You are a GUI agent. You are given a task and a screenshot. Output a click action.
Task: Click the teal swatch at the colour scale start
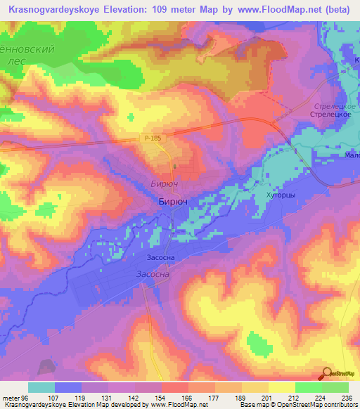point(41,387)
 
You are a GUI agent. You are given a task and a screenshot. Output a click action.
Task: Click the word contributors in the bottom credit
point(338,405)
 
